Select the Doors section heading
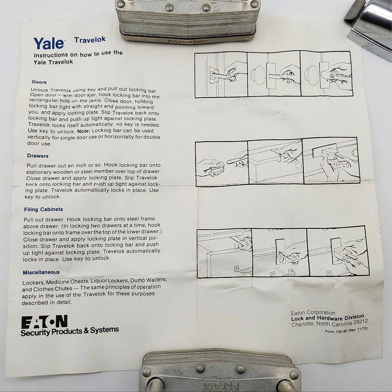pyautogui.click(x=39, y=82)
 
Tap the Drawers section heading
pyautogui.click(x=38, y=156)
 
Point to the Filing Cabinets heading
pyautogui.click(x=45, y=210)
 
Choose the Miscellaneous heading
pyautogui.click(x=41, y=272)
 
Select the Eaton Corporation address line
pyautogui.click(x=312, y=312)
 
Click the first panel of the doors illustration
pyautogui.click(x=221, y=74)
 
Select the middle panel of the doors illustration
pyautogui.click(x=273, y=74)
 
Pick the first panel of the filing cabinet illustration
pyautogui.click(x=225, y=253)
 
